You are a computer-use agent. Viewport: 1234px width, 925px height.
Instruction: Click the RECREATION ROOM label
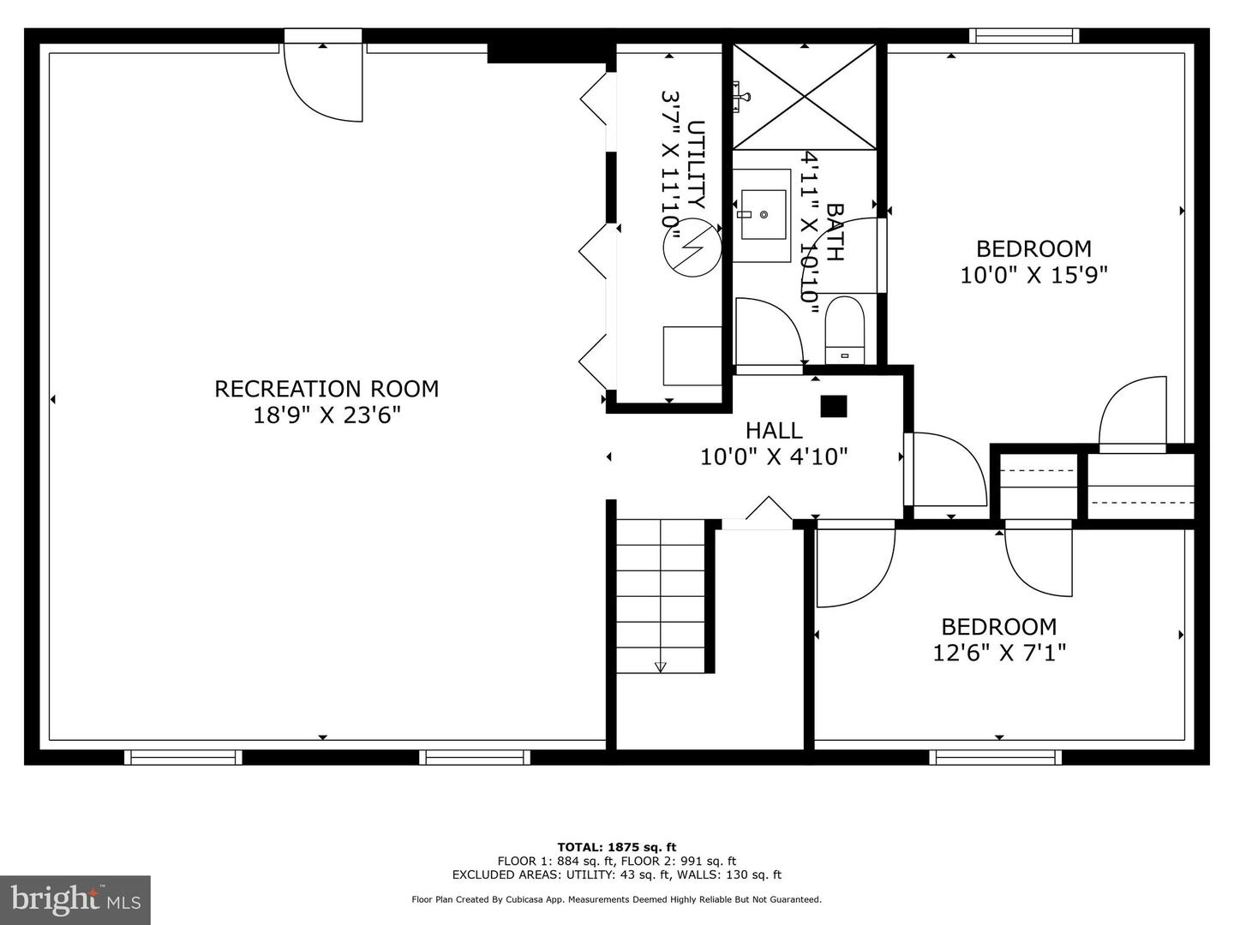click(x=326, y=389)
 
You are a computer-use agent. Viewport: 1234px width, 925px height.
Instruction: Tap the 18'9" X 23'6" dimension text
click(x=326, y=415)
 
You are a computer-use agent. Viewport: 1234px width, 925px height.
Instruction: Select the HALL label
click(x=774, y=431)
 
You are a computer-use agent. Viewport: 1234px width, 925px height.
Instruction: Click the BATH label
click(x=835, y=232)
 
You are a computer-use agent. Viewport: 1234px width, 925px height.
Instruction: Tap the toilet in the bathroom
click(x=844, y=330)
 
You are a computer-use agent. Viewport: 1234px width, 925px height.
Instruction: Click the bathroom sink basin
click(x=764, y=214)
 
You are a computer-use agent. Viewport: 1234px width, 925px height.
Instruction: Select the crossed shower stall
click(x=805, y=97)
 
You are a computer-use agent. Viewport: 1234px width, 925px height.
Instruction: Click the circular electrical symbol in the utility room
click(x=692, y=248)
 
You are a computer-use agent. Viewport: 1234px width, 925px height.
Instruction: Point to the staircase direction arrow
click(x=661, y=666)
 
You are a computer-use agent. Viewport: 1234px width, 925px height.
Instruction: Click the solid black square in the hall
click(x=834, y=407)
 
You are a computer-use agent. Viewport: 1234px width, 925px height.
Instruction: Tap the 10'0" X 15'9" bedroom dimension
click(x=1033, y=275)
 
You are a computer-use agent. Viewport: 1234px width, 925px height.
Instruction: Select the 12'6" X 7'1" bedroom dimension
click(x=999, y=653)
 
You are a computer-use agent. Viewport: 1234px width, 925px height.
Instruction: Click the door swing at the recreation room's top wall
click(x=323, y=83)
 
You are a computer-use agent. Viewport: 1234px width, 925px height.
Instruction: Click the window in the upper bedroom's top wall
click(x=1024, y=36)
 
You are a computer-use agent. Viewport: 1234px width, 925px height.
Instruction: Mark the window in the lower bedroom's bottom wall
click(x=995, y=758)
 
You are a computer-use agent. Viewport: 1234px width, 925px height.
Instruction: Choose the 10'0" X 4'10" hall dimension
click(x=774, y=457)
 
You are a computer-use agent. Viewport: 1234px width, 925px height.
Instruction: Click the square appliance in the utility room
click(x=692, y=356)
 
